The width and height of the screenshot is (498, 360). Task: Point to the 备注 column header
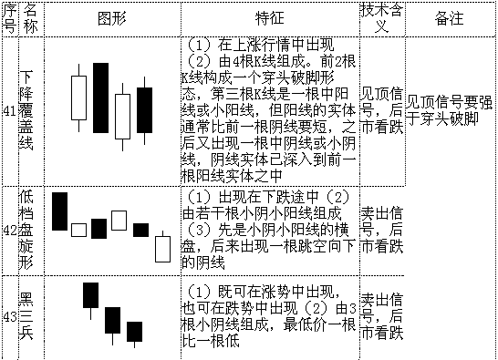[450, 18]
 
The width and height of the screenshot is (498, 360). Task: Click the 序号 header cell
[9, 18]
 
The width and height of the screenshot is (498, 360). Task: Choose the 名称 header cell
[30, 18]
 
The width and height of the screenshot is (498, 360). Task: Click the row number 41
[9, 109]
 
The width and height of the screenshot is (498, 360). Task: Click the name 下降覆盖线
[30, 109]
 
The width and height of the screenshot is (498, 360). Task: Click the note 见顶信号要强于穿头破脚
[450, 109]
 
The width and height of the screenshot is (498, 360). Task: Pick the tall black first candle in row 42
[59, 211]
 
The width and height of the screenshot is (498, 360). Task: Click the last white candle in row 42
[162, 248]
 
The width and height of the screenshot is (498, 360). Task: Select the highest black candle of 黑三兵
[90, 295]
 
